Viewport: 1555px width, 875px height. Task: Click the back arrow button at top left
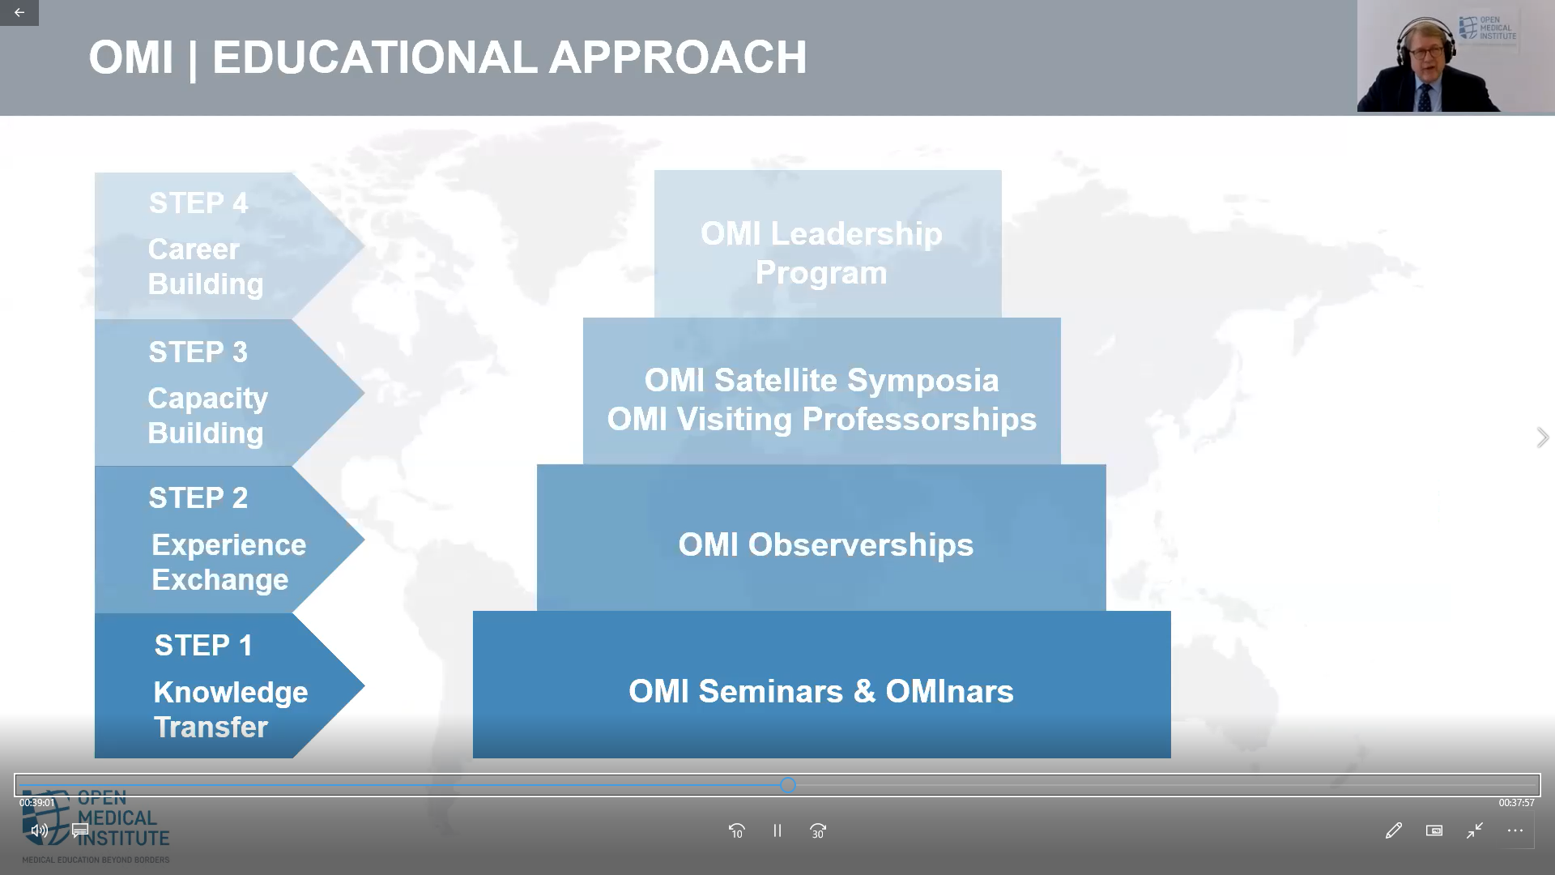[x=19, y=13]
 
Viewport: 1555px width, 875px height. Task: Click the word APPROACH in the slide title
[x=678, y=58]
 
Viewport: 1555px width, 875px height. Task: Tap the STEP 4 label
[x=198, y=203]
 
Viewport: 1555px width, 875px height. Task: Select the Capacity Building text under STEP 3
[x=207, y=416]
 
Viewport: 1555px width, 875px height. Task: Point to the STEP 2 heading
[x=198, y=498]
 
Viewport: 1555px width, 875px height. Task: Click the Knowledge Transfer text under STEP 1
[x=231, y=710]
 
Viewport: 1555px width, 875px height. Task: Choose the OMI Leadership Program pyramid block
[x=828, y=244]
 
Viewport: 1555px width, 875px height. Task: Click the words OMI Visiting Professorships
[x=822, y=420]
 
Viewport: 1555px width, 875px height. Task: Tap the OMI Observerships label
[x=826, y=545]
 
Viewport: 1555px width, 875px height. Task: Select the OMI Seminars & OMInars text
[x=821, y=692]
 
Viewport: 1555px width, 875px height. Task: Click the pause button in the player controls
[x=777, y=830]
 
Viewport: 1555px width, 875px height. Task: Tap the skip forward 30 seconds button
[x=818, y=831]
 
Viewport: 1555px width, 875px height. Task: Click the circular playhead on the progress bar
[x=788, y=785]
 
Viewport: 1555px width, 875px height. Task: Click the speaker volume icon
[x=39, y=830]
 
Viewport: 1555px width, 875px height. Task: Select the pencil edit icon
[x=1394, y=830]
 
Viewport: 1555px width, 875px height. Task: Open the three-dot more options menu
[x=1515, y=830]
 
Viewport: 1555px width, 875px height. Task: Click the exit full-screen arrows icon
[x=1475, y=830]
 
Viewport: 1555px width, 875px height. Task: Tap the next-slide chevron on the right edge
[x=1543, y=437]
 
